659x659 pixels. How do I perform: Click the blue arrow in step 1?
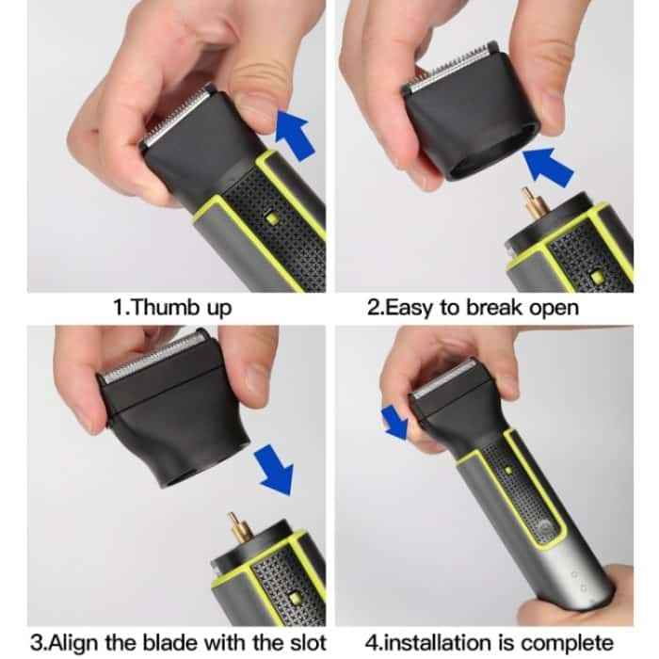pyautogui.click(x=294, y=135)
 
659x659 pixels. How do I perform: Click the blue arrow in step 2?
pyautogui.click(x=547, y=166)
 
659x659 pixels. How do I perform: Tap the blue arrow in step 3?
pyautogui.click(x=274, y=470)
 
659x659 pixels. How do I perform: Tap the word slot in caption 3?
pyautogui.click(x=309, y=643)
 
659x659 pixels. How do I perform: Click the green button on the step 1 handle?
pyautogui.click(x=272, y=218)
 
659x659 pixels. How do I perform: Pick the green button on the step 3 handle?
pyautogui.click(x=294, y=597)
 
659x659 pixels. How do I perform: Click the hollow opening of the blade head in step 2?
pyautogui.click(x=488, y=156)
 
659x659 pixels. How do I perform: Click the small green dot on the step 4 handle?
pyautogui.click(x=508, y=471)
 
